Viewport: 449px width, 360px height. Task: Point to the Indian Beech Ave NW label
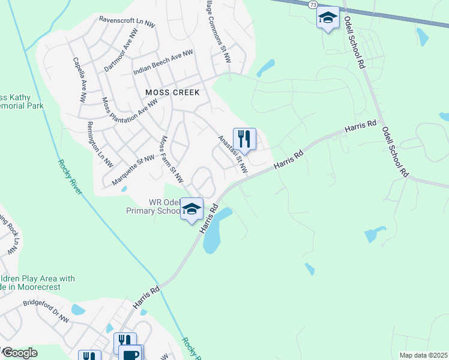coord(163,62)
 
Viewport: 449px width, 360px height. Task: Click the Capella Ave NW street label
coord(79,78)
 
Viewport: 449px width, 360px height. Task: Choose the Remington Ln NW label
coord(100,143)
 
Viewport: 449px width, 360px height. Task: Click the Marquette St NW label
coord(133,169)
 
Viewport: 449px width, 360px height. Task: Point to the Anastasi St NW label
coord(233,153)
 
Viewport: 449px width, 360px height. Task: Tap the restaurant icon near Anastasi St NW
coord(244,139)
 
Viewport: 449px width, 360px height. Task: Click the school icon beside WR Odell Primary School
coord(191,209)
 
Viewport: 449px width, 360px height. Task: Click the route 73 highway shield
coord(313,4)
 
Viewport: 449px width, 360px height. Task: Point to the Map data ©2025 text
coord(423,355)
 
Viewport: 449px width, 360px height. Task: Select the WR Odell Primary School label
coord(153,206)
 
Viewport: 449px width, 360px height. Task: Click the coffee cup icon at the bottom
coord(131,353)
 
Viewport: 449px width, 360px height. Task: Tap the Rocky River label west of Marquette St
coord(69,176)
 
